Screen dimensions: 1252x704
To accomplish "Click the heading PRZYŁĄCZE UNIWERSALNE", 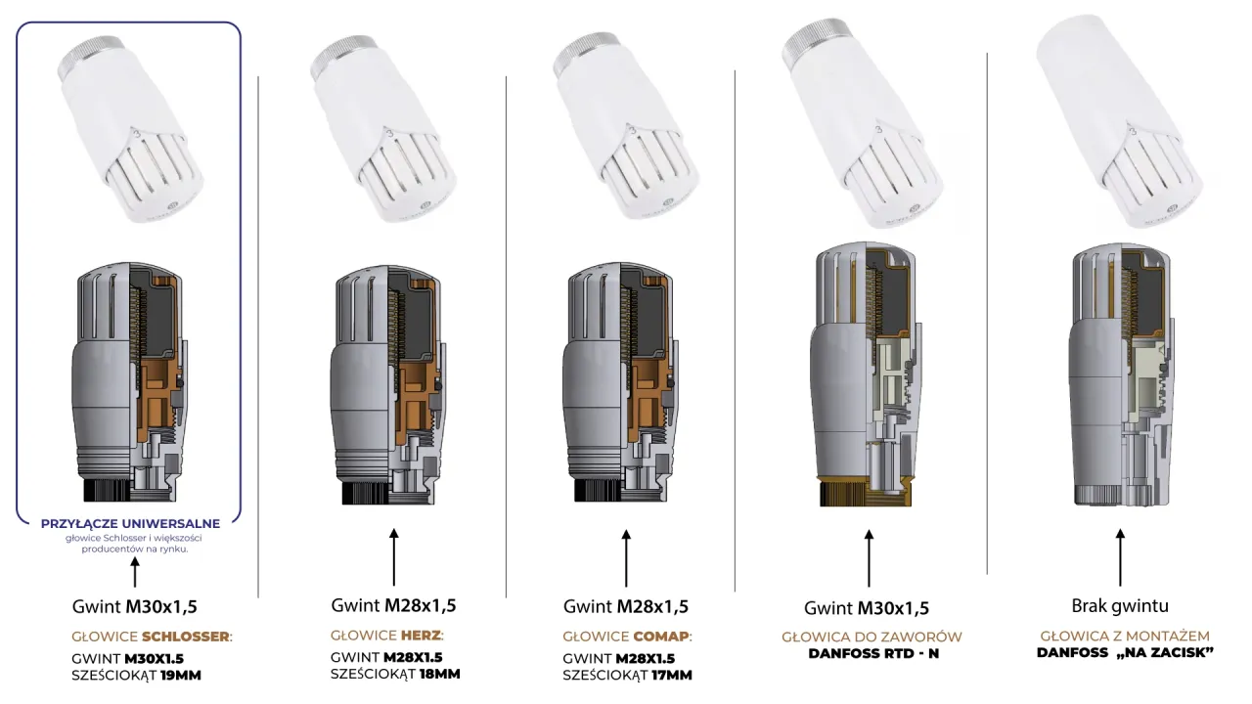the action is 130,523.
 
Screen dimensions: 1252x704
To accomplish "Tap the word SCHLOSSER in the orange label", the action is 186,637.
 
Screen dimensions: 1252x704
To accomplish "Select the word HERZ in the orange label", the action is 421,636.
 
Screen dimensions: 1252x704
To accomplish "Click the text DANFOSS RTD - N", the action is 873,653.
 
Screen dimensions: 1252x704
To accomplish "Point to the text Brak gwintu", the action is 1120,605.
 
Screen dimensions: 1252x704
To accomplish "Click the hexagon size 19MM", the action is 181,675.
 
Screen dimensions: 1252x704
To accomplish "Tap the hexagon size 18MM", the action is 440,674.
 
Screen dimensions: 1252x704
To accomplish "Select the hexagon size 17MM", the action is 672,675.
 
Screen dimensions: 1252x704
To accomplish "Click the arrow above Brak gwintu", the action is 1120,557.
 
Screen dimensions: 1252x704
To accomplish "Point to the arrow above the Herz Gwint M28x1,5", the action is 394,557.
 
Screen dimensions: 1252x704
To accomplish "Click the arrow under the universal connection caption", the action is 135,572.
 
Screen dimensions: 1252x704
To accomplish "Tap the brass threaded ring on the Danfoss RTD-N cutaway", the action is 865,492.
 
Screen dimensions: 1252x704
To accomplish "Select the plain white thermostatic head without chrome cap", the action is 1119,120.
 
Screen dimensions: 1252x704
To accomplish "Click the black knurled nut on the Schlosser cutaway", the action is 107,490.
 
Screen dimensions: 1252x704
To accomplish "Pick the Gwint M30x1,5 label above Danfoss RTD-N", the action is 867,608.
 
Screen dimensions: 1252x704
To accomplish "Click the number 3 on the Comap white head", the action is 632,131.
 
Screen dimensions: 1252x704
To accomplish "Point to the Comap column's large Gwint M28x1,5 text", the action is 626,606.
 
